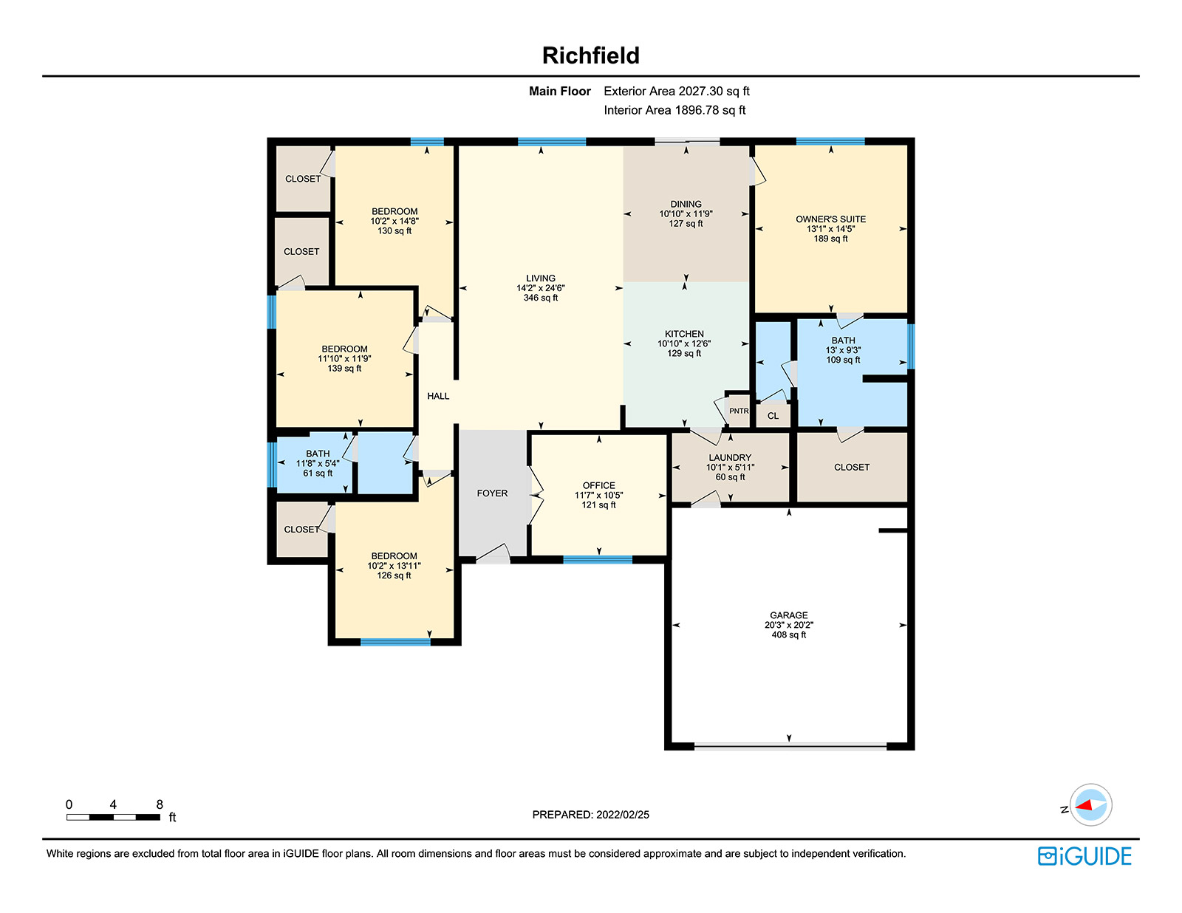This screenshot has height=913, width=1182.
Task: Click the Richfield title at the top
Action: click(591, 55)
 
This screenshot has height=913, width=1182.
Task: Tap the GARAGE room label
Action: click(789, 615)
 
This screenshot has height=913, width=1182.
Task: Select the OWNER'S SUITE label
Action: click(830, 219)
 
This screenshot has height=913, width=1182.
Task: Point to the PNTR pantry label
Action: click(739, 411)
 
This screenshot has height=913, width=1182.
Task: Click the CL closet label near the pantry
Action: click(773, 416)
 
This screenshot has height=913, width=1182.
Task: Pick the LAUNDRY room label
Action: click(730, 458)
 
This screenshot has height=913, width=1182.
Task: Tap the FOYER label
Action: click(492, 493)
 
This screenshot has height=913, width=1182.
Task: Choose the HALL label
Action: click(438, 396)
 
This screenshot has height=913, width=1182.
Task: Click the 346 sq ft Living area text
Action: click(541, 298)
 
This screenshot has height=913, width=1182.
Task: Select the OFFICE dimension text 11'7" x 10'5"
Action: click(599, 496)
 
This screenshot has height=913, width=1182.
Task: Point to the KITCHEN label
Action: click(684, 334)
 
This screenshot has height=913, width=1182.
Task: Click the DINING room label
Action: click(686, 204)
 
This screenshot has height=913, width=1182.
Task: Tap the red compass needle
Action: click(1084, 805)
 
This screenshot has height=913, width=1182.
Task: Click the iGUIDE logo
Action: click(1084, 856)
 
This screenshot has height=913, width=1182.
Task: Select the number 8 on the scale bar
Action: click(160, 804)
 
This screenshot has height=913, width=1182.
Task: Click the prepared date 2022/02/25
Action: click(623, 815)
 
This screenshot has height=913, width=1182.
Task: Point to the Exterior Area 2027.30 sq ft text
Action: click(677, 92)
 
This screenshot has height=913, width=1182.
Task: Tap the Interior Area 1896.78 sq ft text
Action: click(674, 110)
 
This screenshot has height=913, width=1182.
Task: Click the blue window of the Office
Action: click(597, 560)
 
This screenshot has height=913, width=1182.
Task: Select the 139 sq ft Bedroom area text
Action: click(344, 369)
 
